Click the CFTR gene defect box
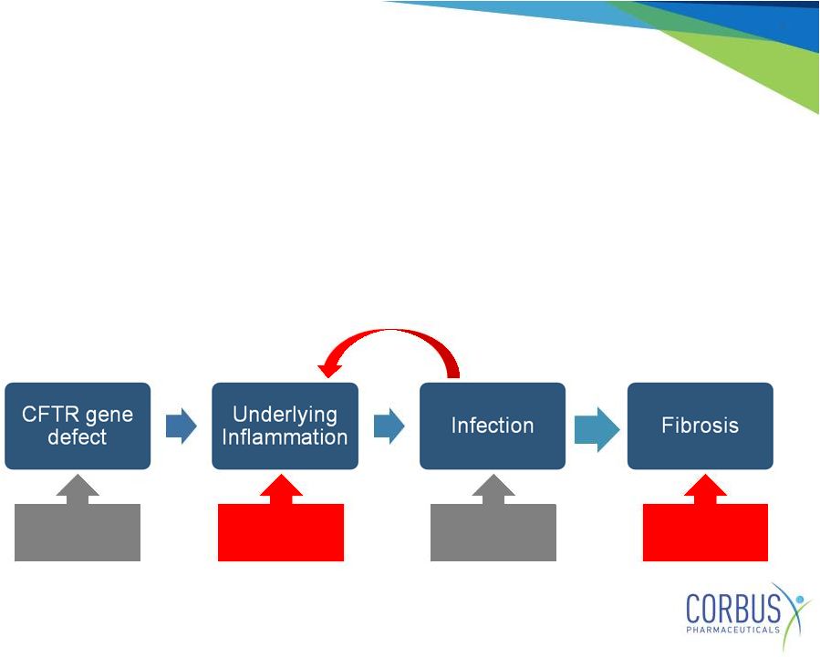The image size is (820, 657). (x=78, y=426)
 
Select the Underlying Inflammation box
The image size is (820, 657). (x=285, y=426)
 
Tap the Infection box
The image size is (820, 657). (x=493, y=426)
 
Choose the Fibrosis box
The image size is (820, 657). (x=701, y=426)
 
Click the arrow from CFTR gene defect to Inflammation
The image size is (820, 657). (x=181, y=426)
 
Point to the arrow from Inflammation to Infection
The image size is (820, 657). (x=389, y=426)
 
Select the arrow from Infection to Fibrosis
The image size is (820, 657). (x=597, y=429)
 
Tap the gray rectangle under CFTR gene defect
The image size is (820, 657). (x=78, y=532)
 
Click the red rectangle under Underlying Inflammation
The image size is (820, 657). (x=281, y=532)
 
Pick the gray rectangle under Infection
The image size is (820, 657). (x=493, y=532)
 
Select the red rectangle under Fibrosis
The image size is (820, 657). (x=705, y=532)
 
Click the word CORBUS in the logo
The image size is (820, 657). (x=733, y=609)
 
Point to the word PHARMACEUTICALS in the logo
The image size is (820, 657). (x=732, y=630)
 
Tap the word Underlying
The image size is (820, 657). (x=285, y=416)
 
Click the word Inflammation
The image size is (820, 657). (x=285, y=437)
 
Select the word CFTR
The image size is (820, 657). (x=50, y=415)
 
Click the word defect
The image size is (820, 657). (x=78, y=436)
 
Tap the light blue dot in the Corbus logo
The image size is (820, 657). (x=799, y=599)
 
